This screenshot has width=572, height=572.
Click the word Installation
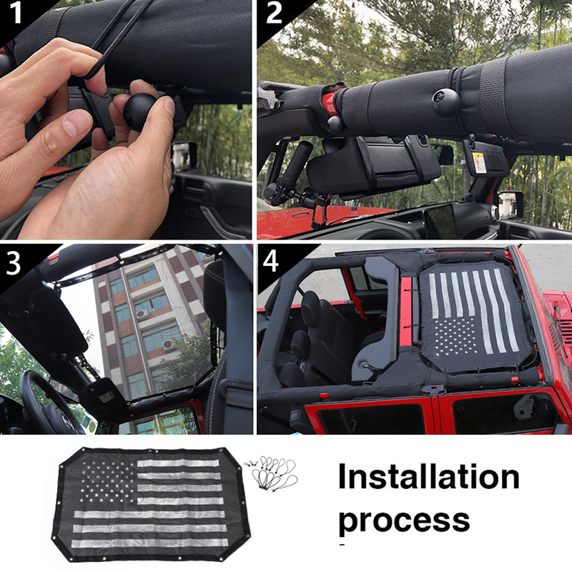click(428, 477)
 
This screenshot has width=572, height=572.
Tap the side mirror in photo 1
click(184, 154)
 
